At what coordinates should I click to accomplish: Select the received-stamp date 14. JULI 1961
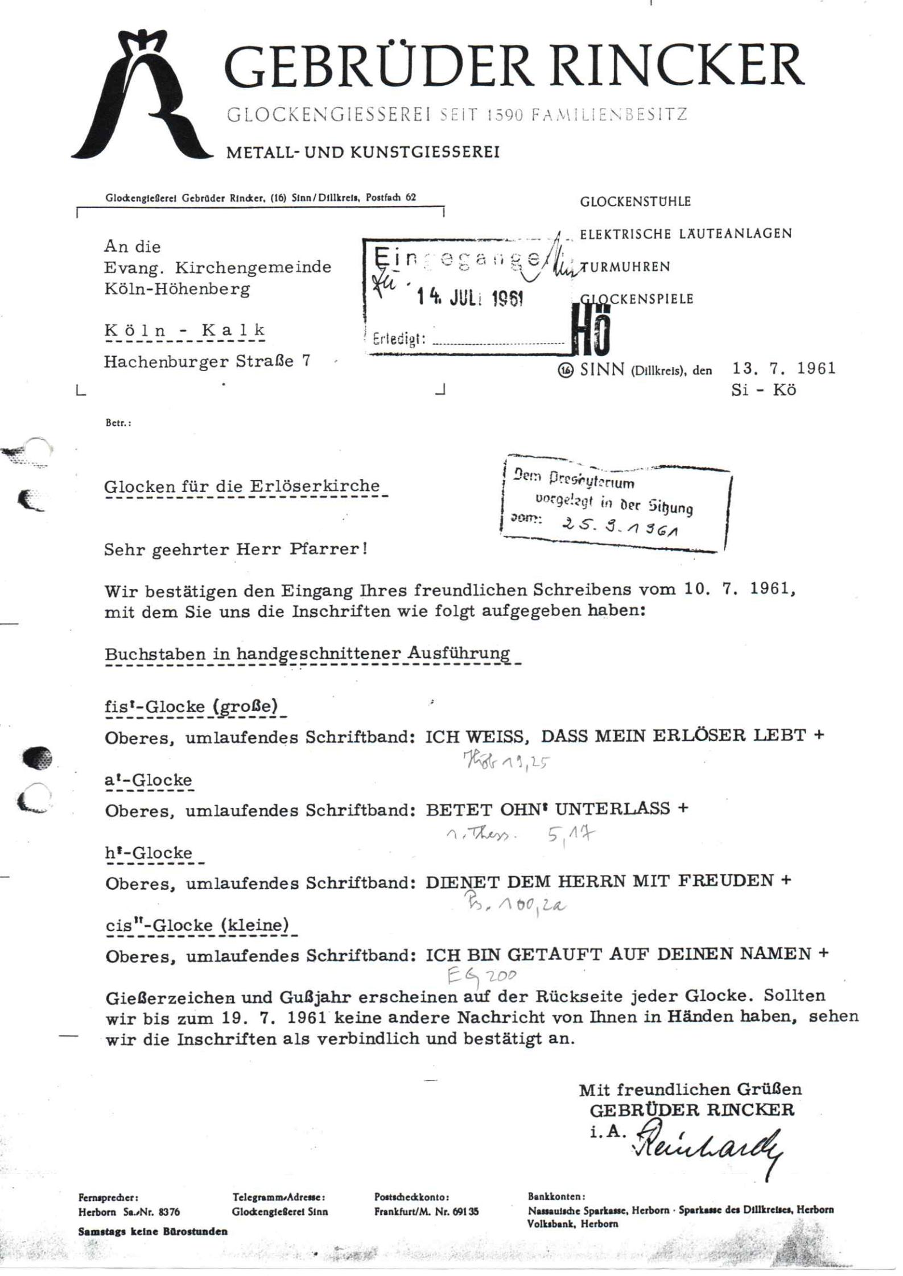[x=470, y=298]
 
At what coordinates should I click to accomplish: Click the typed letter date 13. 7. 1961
[x=784, y=369]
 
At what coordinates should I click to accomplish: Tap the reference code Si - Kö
[x=764, y=391]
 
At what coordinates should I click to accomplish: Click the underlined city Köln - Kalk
[x=185, y=331]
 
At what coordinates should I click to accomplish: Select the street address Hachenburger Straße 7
[x=207, y=361]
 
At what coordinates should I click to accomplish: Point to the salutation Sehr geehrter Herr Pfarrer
[x=236, y=550]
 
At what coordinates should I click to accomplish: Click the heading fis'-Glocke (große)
[x=191, y=707]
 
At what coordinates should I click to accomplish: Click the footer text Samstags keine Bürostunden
[x=153, y=1232]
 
